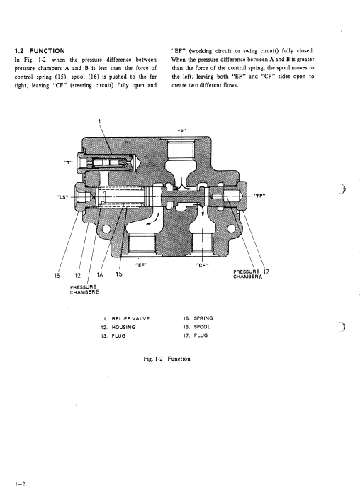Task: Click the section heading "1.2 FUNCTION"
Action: (40, 51)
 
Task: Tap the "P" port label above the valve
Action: (181, 130)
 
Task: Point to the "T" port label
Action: (69, 162)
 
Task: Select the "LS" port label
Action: (62, 197)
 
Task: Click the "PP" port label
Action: (260, 196)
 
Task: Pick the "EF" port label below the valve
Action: (141, 264)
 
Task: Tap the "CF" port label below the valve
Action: (202, 265)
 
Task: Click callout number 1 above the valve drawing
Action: (99, 121)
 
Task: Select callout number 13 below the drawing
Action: (57, 275)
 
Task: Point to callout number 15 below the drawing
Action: (119, 274)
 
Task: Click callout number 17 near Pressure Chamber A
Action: (266, 272)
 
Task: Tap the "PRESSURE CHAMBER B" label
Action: (83, 289)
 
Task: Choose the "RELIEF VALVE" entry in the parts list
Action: (130, 319)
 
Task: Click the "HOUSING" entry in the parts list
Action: (123, 327)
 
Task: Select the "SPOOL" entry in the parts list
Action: (202, 327)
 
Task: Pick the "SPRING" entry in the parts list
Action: (203, 318)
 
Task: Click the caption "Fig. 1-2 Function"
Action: (167, 359)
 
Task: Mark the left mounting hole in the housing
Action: (106, 229)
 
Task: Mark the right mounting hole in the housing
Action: (231, 228)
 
